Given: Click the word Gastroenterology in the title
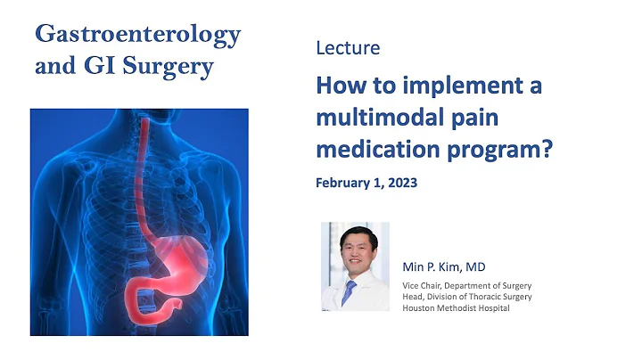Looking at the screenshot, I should coord(138,35).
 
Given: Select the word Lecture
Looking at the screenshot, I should coord(347,48).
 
